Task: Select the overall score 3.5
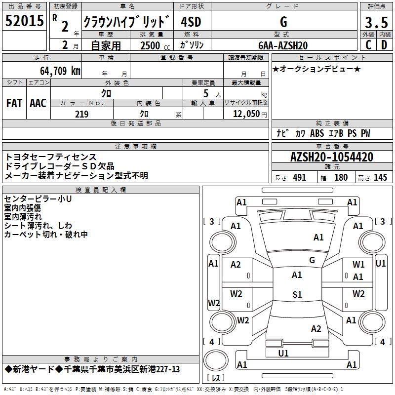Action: pos(376,22)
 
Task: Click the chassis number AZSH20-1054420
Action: pos(332,157)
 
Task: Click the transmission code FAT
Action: pos(14,103)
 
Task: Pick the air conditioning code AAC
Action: pos(38,103)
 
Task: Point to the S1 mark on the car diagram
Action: pos(297,295)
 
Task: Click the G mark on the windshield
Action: pos(312,260)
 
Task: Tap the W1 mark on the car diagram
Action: pos(358,265)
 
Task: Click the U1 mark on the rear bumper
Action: pos(283,353)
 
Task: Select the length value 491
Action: pos(299,178)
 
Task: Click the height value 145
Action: pos(380,178)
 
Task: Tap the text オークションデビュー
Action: pos(316,69)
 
